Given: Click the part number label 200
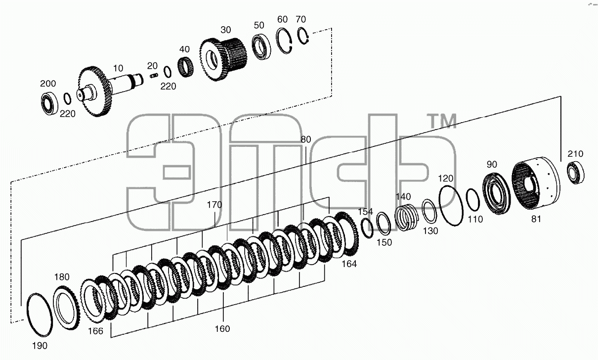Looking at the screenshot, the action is [x=48, y=84].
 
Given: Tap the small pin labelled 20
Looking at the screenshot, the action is [x=154, y=76].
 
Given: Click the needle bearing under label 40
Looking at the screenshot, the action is [x=185, y=67].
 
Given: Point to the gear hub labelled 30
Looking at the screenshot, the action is [x=223, y=59].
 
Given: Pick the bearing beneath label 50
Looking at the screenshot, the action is [x=261, y=47].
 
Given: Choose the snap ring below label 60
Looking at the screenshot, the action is [x=284, y=41].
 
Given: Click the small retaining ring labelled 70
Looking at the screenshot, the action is [x=303, y=36].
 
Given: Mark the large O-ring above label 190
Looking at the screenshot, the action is [x=40, y=315].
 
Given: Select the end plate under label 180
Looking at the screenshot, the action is [x=67, y=308].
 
